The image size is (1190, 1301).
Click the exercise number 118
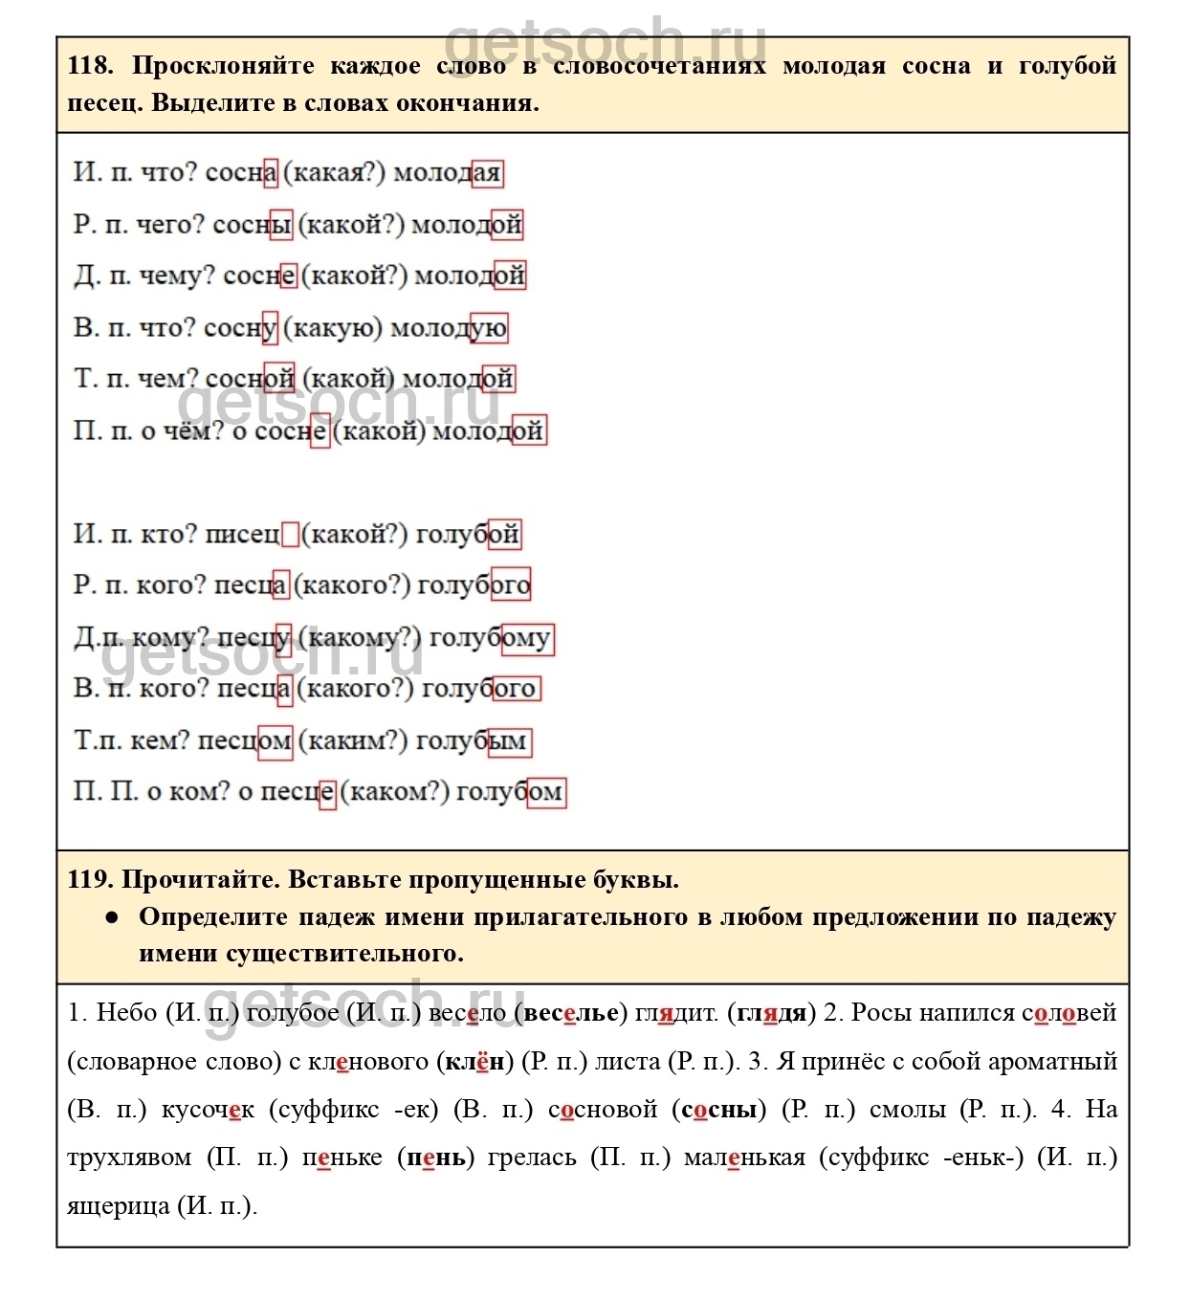[x=90, y=66]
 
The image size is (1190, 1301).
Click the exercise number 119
[x=90, y=879]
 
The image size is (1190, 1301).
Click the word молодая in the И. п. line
[x=448, y=173]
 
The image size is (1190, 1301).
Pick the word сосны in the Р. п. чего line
[x=252, y=225]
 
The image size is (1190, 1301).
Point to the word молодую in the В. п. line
[x=449, y=328]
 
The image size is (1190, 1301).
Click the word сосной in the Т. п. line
[x=250, y=380]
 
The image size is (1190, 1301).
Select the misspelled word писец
[x=243, y=534]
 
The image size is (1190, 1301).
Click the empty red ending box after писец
[x=290, y=534]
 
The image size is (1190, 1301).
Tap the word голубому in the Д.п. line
[x=490, y=638]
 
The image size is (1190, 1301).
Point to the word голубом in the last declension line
[x=510, y=792]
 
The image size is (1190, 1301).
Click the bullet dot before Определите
[x=113, y=916]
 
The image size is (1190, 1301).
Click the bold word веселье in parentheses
[x=570, y=1013]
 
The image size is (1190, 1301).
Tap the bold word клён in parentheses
[x=474, y=1062]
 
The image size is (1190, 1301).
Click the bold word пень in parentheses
[x=436, y=1158]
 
